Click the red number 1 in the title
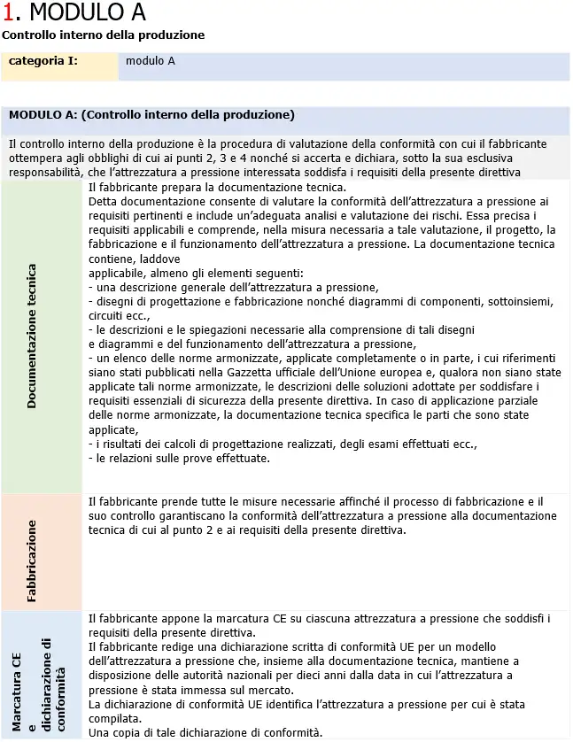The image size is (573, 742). click(8, 12)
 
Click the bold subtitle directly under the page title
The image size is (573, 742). click(103, 35)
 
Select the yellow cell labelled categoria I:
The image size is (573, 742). click(43, 61)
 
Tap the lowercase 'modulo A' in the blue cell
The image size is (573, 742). click(150, 61)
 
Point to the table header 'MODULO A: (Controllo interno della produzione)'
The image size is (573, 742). click(151, 115)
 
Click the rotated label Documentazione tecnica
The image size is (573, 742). click(32, 336)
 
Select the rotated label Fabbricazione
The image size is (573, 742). click(32, 560)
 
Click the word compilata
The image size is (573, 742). click(114, 718)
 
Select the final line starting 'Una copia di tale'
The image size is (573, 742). click(192, 732)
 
